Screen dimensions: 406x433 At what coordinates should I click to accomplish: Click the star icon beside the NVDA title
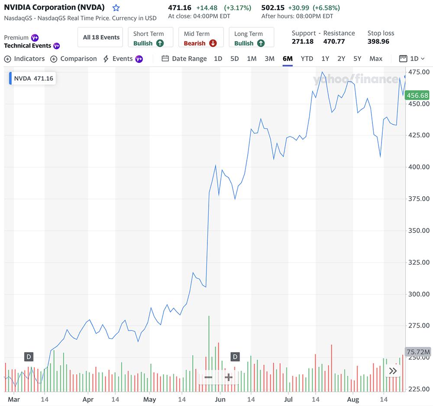click(x=116, y=8)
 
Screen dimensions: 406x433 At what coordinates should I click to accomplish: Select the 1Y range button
click(x=325, y=58)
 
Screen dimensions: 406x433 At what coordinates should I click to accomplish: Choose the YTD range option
click(x=307, y=58)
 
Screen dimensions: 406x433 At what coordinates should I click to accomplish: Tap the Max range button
click(x=376, y=58)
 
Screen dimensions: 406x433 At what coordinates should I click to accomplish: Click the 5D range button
click(x=234, y=58)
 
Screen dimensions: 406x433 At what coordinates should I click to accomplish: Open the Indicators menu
click(x=25, y=58)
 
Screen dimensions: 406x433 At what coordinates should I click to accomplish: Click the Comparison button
click(x=74, y=58)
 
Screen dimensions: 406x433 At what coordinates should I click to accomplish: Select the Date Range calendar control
click(x=184, y=58)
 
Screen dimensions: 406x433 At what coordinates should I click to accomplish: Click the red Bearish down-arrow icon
click(x=213, y=43)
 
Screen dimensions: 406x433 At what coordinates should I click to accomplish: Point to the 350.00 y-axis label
click(x=419, y=231)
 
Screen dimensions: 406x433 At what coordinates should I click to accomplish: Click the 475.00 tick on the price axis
click(x=419, y=72)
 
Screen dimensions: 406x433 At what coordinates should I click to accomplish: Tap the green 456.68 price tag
click(x=417, y=95)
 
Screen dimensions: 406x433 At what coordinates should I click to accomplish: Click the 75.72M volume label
click(x=418, y=351)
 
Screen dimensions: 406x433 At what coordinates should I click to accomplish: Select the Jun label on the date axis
click(x=220, y=399)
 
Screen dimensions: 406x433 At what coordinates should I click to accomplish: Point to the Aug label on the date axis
click(x=353, y=399)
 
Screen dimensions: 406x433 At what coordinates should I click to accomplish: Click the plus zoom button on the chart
click(x=229, y=377)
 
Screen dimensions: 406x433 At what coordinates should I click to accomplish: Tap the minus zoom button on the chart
click(x=208, y=377)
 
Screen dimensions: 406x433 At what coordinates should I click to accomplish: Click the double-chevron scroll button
click(x=393, y=371)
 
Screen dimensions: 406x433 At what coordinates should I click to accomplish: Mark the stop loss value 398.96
click(x=378, y=42)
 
